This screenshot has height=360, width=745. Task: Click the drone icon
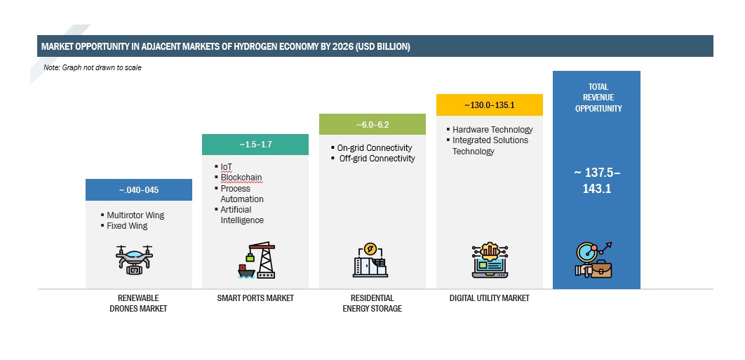134,260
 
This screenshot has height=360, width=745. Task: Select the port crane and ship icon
256,260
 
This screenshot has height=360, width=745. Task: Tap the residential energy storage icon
370,260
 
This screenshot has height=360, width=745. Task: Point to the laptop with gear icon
490,260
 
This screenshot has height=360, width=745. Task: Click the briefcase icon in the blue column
600,269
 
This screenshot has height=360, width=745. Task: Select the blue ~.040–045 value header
139,189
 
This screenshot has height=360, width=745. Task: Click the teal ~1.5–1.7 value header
255,145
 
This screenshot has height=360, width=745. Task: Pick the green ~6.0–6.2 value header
372,125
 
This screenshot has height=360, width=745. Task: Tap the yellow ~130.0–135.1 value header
490,105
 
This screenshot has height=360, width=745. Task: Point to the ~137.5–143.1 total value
597,181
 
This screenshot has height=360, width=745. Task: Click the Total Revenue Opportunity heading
598,98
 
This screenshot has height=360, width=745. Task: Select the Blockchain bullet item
241,178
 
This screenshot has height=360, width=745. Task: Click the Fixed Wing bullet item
127,226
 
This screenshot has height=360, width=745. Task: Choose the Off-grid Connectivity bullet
377,159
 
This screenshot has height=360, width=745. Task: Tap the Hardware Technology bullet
492,129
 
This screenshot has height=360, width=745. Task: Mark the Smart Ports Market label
255,298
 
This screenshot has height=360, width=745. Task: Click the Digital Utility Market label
489,298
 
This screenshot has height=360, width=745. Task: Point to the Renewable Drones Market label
139,303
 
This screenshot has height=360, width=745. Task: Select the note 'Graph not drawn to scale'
93,67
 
